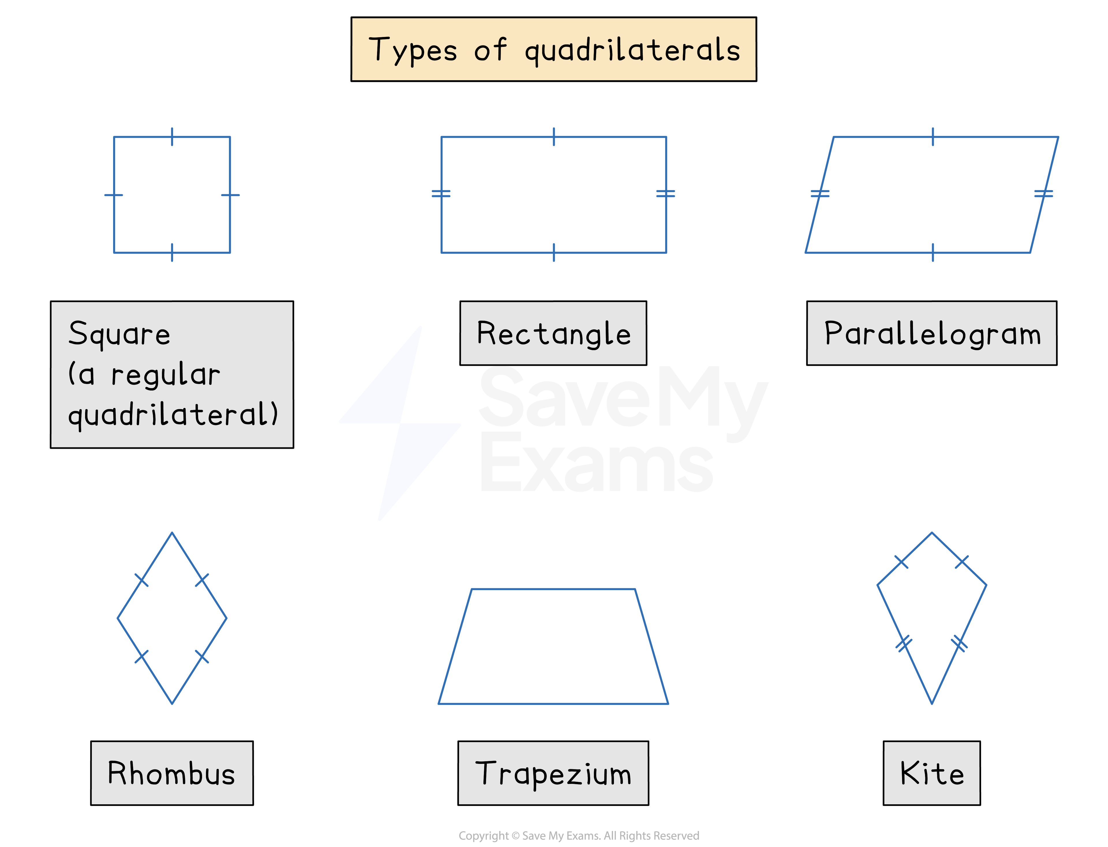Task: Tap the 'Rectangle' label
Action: (553, 333)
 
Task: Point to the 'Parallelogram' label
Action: (932, 333)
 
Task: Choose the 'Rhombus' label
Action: (171, 773)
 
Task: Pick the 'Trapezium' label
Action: (553, 773)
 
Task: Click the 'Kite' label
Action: (932, 773)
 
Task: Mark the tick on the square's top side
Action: (172, 137)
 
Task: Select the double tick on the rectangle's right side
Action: (666, 193)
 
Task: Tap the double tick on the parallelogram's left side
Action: (820, 193)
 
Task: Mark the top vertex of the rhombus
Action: (172, 533)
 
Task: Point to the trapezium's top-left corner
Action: (471, 589)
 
